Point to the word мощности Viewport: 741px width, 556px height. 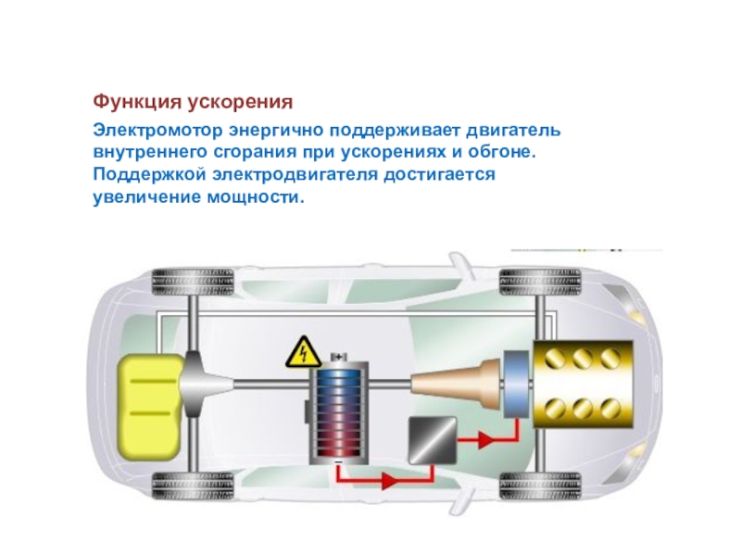click(x=253, y=197)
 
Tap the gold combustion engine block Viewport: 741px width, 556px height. click(x=579, y=381)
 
